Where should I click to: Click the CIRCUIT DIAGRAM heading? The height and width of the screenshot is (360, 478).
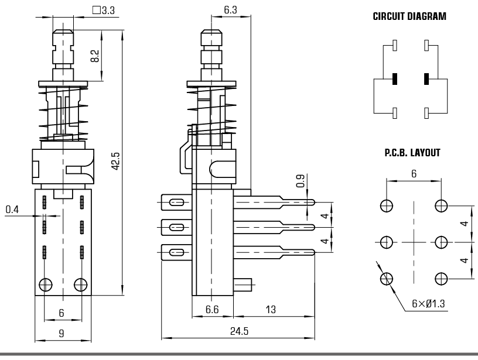409,17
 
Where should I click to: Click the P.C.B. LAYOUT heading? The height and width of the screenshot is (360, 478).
412,153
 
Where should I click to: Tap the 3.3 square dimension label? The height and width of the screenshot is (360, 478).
103,10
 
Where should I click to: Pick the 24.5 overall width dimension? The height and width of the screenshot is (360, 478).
239,331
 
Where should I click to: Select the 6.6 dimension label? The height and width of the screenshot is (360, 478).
212,309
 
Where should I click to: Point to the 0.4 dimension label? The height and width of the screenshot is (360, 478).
12,209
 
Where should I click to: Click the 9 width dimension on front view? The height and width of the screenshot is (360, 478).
62,334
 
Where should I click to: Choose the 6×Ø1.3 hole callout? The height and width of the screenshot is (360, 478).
428,303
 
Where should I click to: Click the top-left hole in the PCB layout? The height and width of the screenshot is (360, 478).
386,205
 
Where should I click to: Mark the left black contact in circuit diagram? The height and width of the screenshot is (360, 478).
395,78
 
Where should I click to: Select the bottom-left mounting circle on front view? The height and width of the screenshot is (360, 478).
45,284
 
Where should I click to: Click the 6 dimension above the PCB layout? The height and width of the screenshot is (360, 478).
414,174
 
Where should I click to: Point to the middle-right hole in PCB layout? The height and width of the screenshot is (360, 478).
441,242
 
